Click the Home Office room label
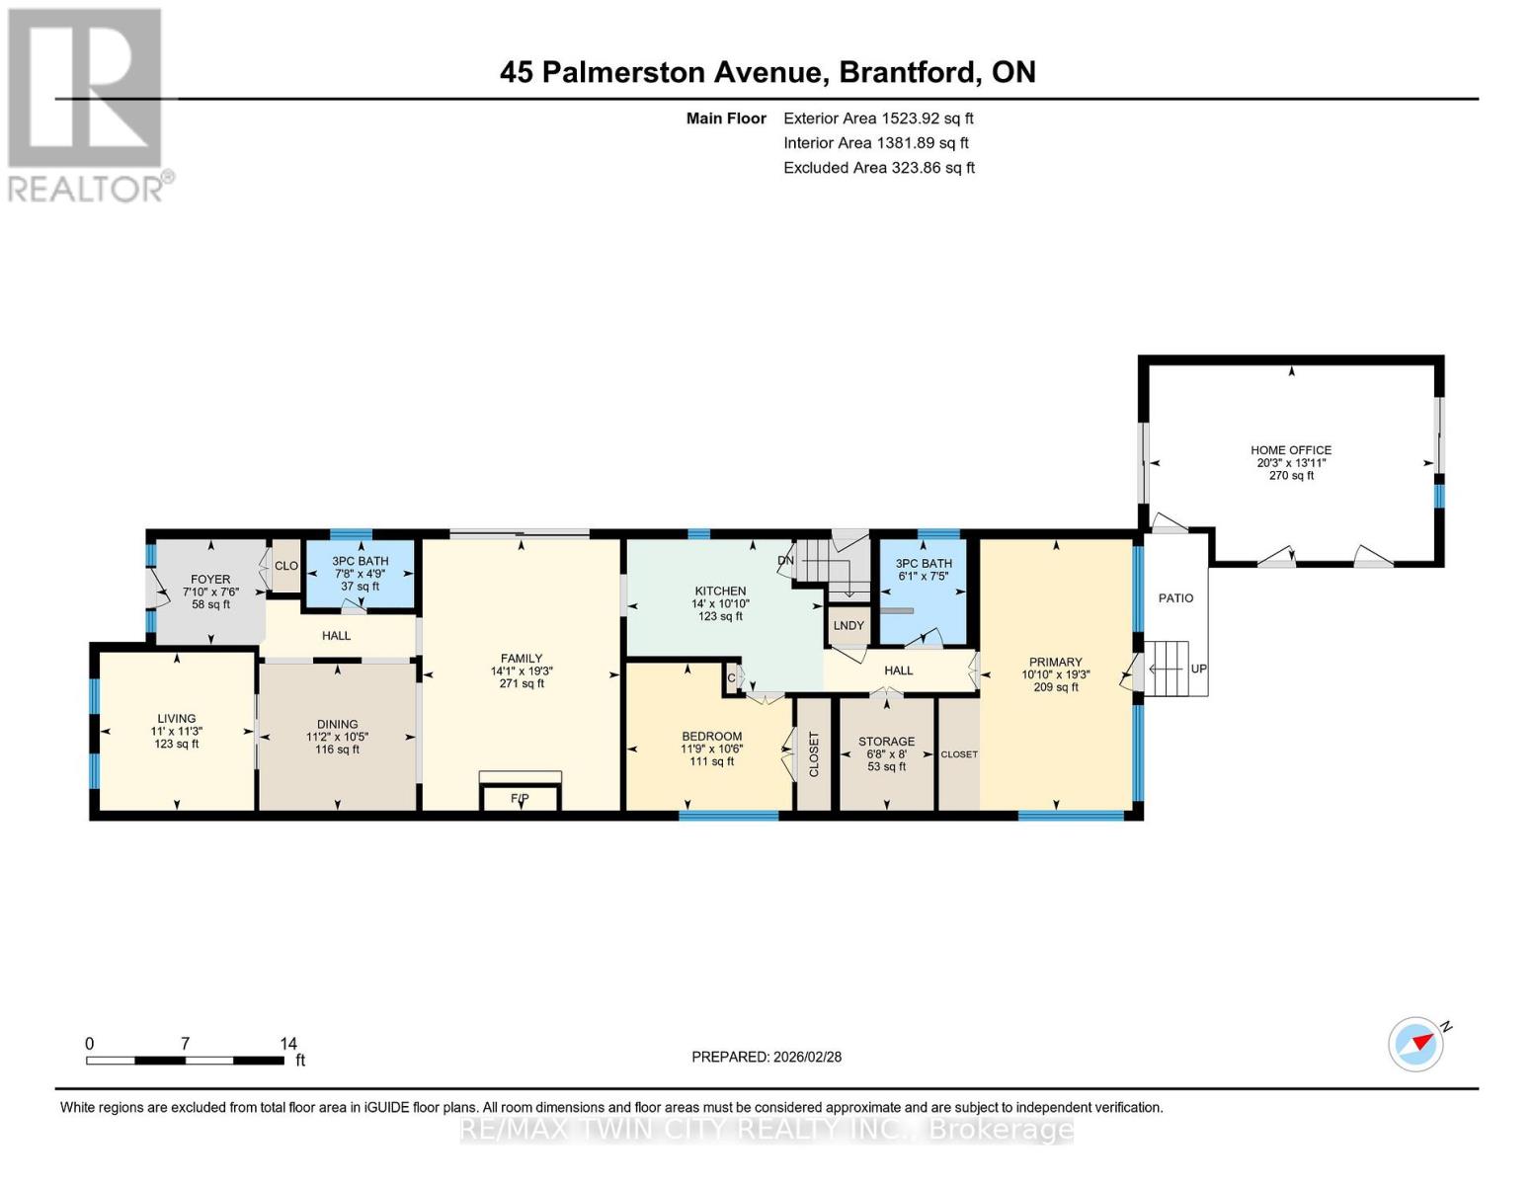[1291, 450]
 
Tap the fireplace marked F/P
[520, 797]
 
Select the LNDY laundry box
[848, 625]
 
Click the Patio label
[1175, 598]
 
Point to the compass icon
[1415, 1044]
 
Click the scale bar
[186, 1061]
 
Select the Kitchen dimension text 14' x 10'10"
[720, 603]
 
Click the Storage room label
[886, 742]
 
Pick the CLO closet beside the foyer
[286, 566]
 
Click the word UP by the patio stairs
[1198, 669]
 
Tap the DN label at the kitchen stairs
[786, 560]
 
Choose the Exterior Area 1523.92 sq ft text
[878, 118]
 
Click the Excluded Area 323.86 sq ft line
[878, 168]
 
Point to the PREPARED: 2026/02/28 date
[767, 1057]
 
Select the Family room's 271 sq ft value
[522, 683]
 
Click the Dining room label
[337, 724]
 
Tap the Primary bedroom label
[1055, 663]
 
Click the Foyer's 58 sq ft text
[210, 604]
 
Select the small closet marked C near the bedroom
[732, 678]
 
